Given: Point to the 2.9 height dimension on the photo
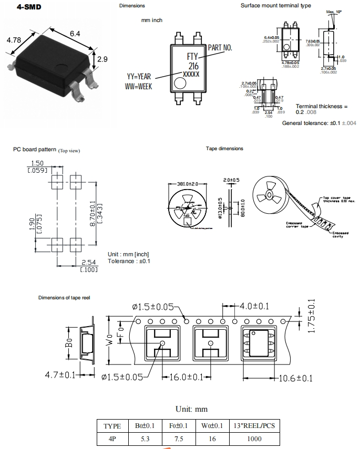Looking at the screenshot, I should [x=102, y=59].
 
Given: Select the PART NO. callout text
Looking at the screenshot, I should [x=219, y=47].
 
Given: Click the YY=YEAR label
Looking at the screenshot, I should [x=142, y=76].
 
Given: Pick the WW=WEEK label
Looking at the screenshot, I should [x=139, y=86].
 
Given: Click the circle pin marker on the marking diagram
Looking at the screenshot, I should [x=180, y=83].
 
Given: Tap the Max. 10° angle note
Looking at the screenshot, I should [x=333, y=12].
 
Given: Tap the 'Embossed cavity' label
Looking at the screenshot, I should [x=340, y=234].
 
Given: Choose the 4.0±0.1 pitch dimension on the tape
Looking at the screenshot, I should [x=254, y=306].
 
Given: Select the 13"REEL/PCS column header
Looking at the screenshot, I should [x=254, y=426].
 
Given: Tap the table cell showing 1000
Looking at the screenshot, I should [x=254, y=439].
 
